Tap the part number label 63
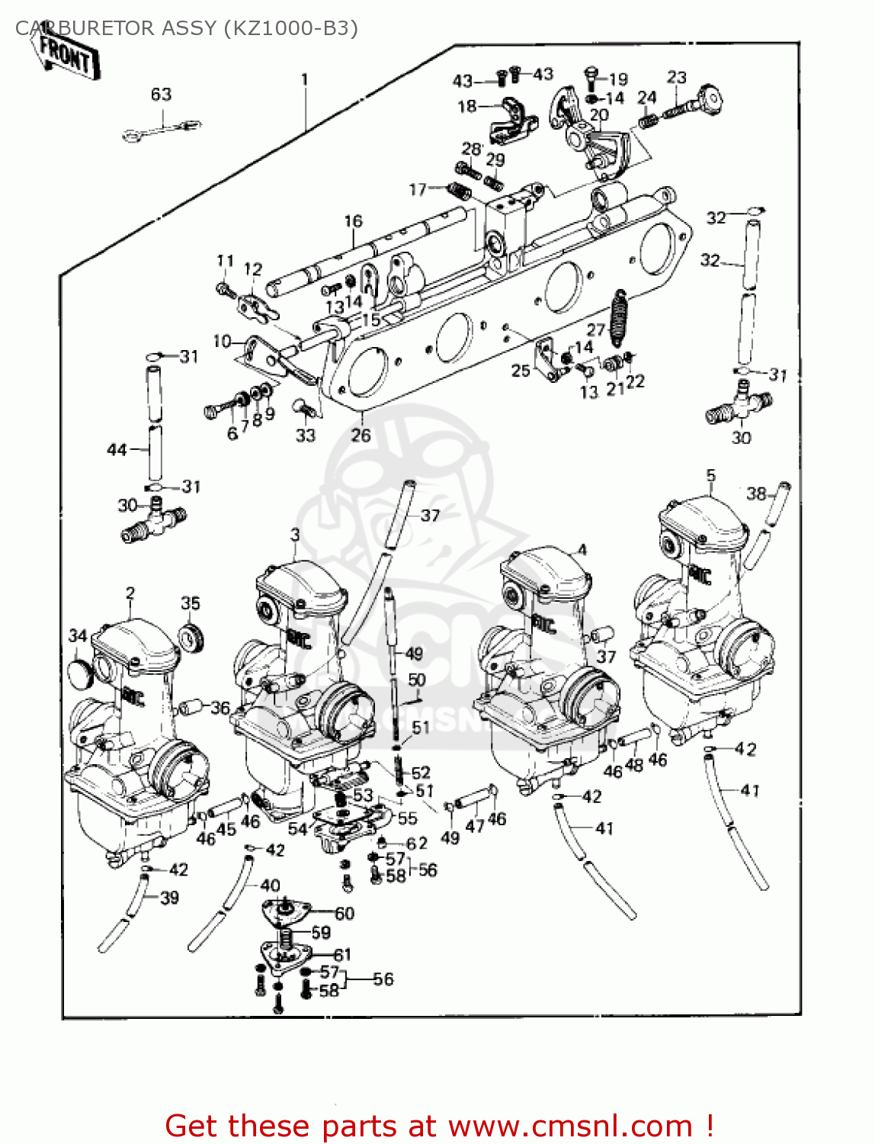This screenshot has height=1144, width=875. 161,95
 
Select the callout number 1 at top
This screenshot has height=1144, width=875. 305,79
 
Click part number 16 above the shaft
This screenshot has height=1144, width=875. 353,221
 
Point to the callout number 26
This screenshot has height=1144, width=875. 361,435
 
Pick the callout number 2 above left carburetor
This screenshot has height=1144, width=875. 130,593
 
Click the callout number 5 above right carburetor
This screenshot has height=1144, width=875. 710,476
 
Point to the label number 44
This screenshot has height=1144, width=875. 117,450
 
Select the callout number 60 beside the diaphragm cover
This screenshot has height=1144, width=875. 345,913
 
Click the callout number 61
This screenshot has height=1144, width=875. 342,954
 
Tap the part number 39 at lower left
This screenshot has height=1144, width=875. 169,898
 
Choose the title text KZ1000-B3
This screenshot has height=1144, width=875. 290,28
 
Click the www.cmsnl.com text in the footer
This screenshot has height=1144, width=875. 570,1126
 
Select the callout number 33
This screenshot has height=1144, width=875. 305,435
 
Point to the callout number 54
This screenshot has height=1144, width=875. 297,829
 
